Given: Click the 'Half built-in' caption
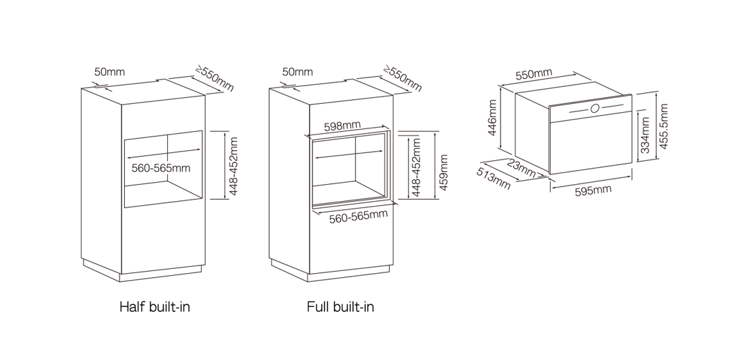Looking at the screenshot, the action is [x=155, y=306].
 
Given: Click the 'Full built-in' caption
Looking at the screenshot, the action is [x=340, y=306].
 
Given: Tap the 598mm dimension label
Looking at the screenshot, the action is [x=342, y=126].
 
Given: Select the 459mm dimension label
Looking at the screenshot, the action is [x=443, y=172].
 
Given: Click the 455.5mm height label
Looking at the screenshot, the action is [x=663, y=126].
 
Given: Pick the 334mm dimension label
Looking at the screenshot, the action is [x=644, y=135].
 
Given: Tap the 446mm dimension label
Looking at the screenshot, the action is [x=492, y=118].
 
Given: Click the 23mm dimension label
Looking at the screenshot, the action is [x=521, y=168].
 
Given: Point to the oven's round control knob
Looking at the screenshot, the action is [x=595, y=109].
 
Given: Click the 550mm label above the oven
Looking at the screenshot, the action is [x=534, y=75].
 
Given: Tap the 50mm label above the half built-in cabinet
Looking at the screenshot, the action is [x=109, y=72].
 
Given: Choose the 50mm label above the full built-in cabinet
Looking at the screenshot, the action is [x=297, y=72].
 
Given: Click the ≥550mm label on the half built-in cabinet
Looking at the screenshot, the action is [x=215, y=79].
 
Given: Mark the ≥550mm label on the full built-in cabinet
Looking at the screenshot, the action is [x=403, y=79].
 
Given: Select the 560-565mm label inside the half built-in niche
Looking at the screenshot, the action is [x=161, y=168].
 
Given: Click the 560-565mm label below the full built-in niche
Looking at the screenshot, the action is [x=359, y=217].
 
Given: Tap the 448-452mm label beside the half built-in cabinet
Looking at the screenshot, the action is [x=234, y=166].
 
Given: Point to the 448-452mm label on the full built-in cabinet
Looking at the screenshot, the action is [x=416, y=167].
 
